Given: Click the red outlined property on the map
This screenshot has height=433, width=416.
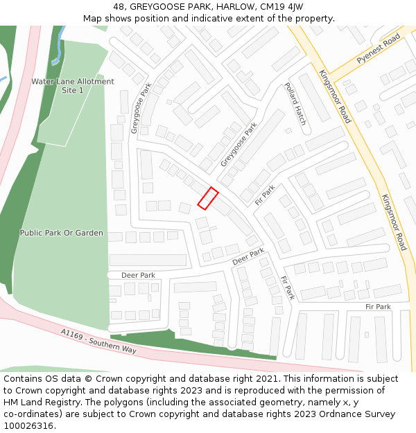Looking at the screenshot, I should [x=208, y=198].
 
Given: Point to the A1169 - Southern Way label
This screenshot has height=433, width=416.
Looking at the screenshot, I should [x=98, y=342].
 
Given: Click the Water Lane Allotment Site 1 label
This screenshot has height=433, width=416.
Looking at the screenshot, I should [x=72, y=86].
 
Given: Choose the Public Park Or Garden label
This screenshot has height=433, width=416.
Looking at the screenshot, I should [x=62, y=233].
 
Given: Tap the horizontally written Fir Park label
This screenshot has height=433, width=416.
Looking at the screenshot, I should [x=378, y=306].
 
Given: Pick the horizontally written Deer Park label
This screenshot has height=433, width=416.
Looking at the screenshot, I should [x=138, y=275].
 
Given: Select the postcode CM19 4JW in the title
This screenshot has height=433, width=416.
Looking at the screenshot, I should [x=281, y=7].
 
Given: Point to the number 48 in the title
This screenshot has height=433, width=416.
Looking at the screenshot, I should [x=119, y=7].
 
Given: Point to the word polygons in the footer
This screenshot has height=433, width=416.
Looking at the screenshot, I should [x=139, y=402].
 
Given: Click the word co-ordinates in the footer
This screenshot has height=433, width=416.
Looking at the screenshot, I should [x=31, y=414].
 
